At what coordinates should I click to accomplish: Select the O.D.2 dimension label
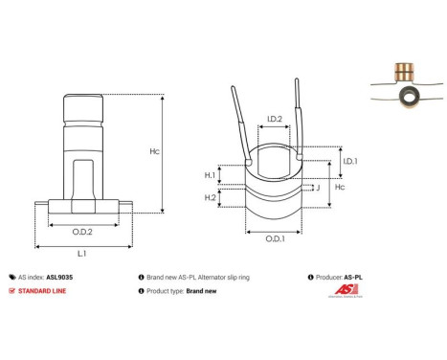[x=81, y=231]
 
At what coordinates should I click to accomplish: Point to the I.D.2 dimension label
[x=274, y=120]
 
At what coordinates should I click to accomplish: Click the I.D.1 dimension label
[x=350, y=162]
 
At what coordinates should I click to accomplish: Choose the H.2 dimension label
[x=210, y=197]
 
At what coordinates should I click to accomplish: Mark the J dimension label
[x=316, y=189]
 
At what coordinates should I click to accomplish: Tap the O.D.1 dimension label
[x=274, y=238]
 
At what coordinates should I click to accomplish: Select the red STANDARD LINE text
[x=47, y=290]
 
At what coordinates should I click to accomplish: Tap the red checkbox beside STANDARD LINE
[x=11, y=290]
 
